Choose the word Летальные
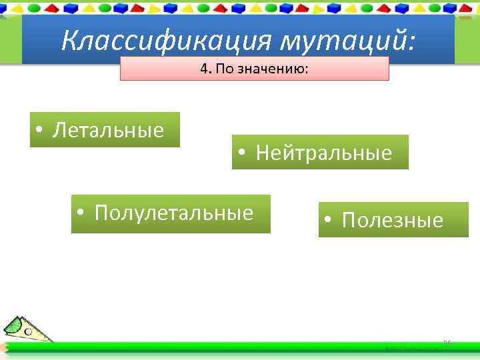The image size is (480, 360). (x=108, y=130)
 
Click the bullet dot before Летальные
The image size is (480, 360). (x=40, y=131)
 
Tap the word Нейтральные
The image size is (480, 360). (x=324, y=153)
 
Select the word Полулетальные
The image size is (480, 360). (x=174, y=213)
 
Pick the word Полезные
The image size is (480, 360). (x=393, y=221)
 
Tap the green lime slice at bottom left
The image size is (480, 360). (x=15, y=325)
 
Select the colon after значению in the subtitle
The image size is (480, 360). (x=306, y=70)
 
